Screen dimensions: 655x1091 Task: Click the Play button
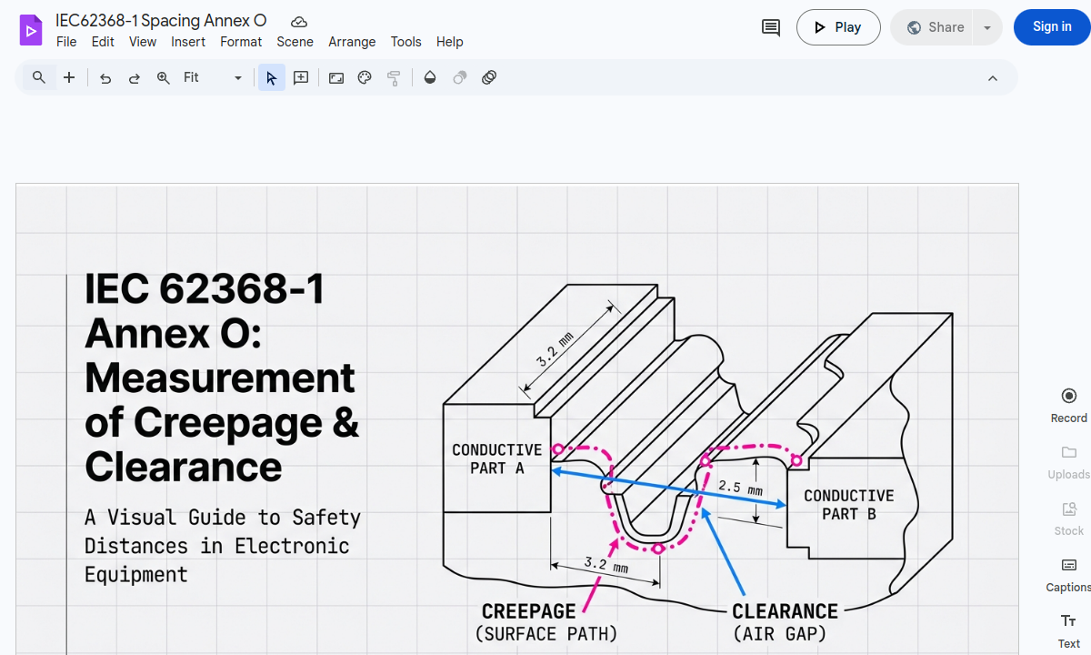point(837,27)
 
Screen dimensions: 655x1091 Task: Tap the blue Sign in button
point(1051,27)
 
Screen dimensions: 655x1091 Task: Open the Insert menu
point(188,42)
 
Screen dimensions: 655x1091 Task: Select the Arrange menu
point(352,42)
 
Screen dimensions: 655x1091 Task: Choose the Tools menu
point(405,42)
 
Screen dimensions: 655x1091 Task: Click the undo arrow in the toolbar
point(105,78)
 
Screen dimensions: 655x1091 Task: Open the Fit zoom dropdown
point(213,78)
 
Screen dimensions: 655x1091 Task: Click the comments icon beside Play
point(770,27)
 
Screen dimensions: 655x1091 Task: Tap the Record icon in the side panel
point(1068,396)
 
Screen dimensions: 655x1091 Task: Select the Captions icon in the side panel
point(1068,565)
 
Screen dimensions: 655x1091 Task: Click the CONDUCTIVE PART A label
point(496,458)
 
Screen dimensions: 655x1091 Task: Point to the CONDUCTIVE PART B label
point(848,504)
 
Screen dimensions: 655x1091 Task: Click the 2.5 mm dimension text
point(740,488)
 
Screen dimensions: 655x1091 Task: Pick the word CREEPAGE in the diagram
point(528,611)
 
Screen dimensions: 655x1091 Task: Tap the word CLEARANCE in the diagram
point(785,611)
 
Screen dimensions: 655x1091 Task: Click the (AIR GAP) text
point(779,633)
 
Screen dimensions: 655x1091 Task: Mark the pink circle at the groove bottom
point(657,549)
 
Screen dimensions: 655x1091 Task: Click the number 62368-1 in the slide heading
point(241,289)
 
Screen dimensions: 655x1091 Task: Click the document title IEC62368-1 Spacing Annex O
point(161,21)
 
